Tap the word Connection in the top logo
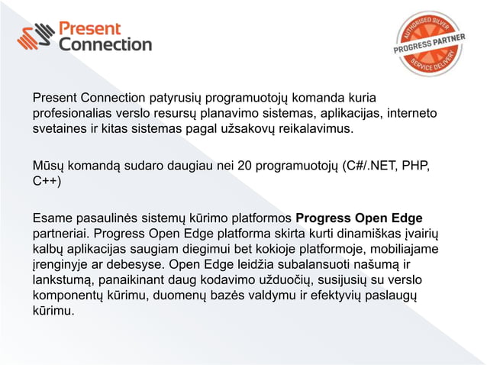tap(105, 45)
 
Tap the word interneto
tap(412, 114)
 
